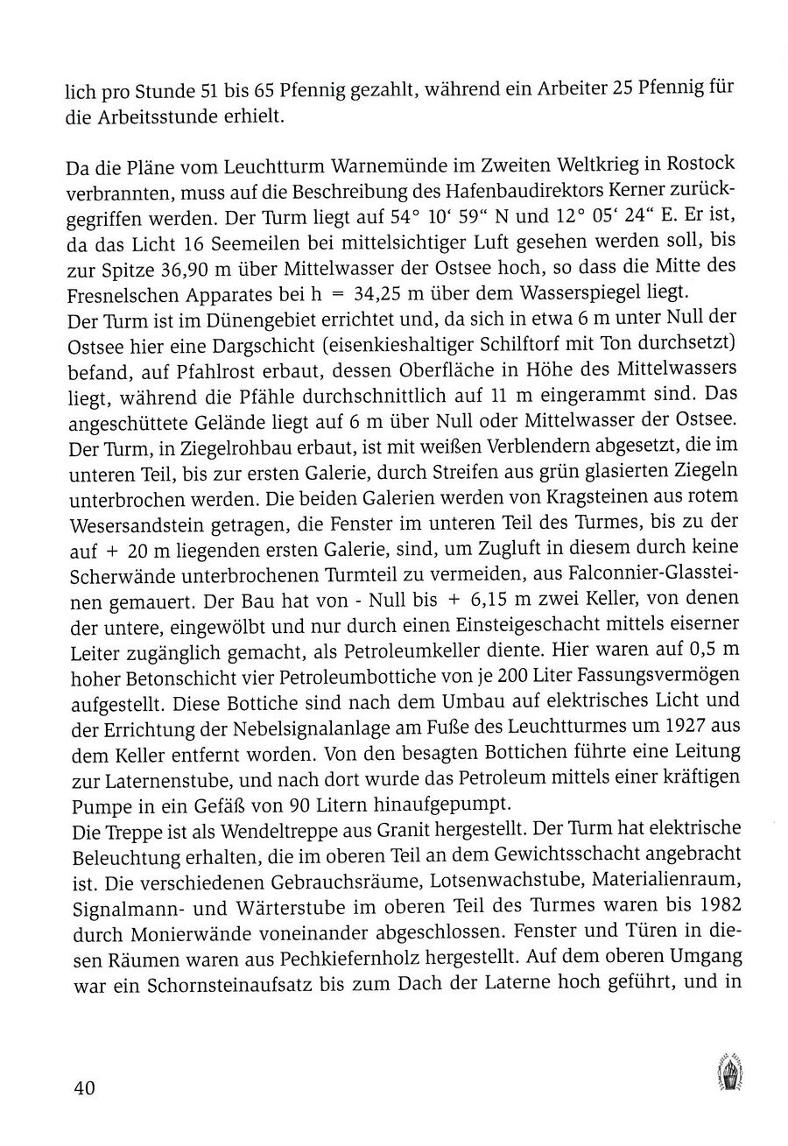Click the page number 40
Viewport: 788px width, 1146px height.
[x=84, y=1088]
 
